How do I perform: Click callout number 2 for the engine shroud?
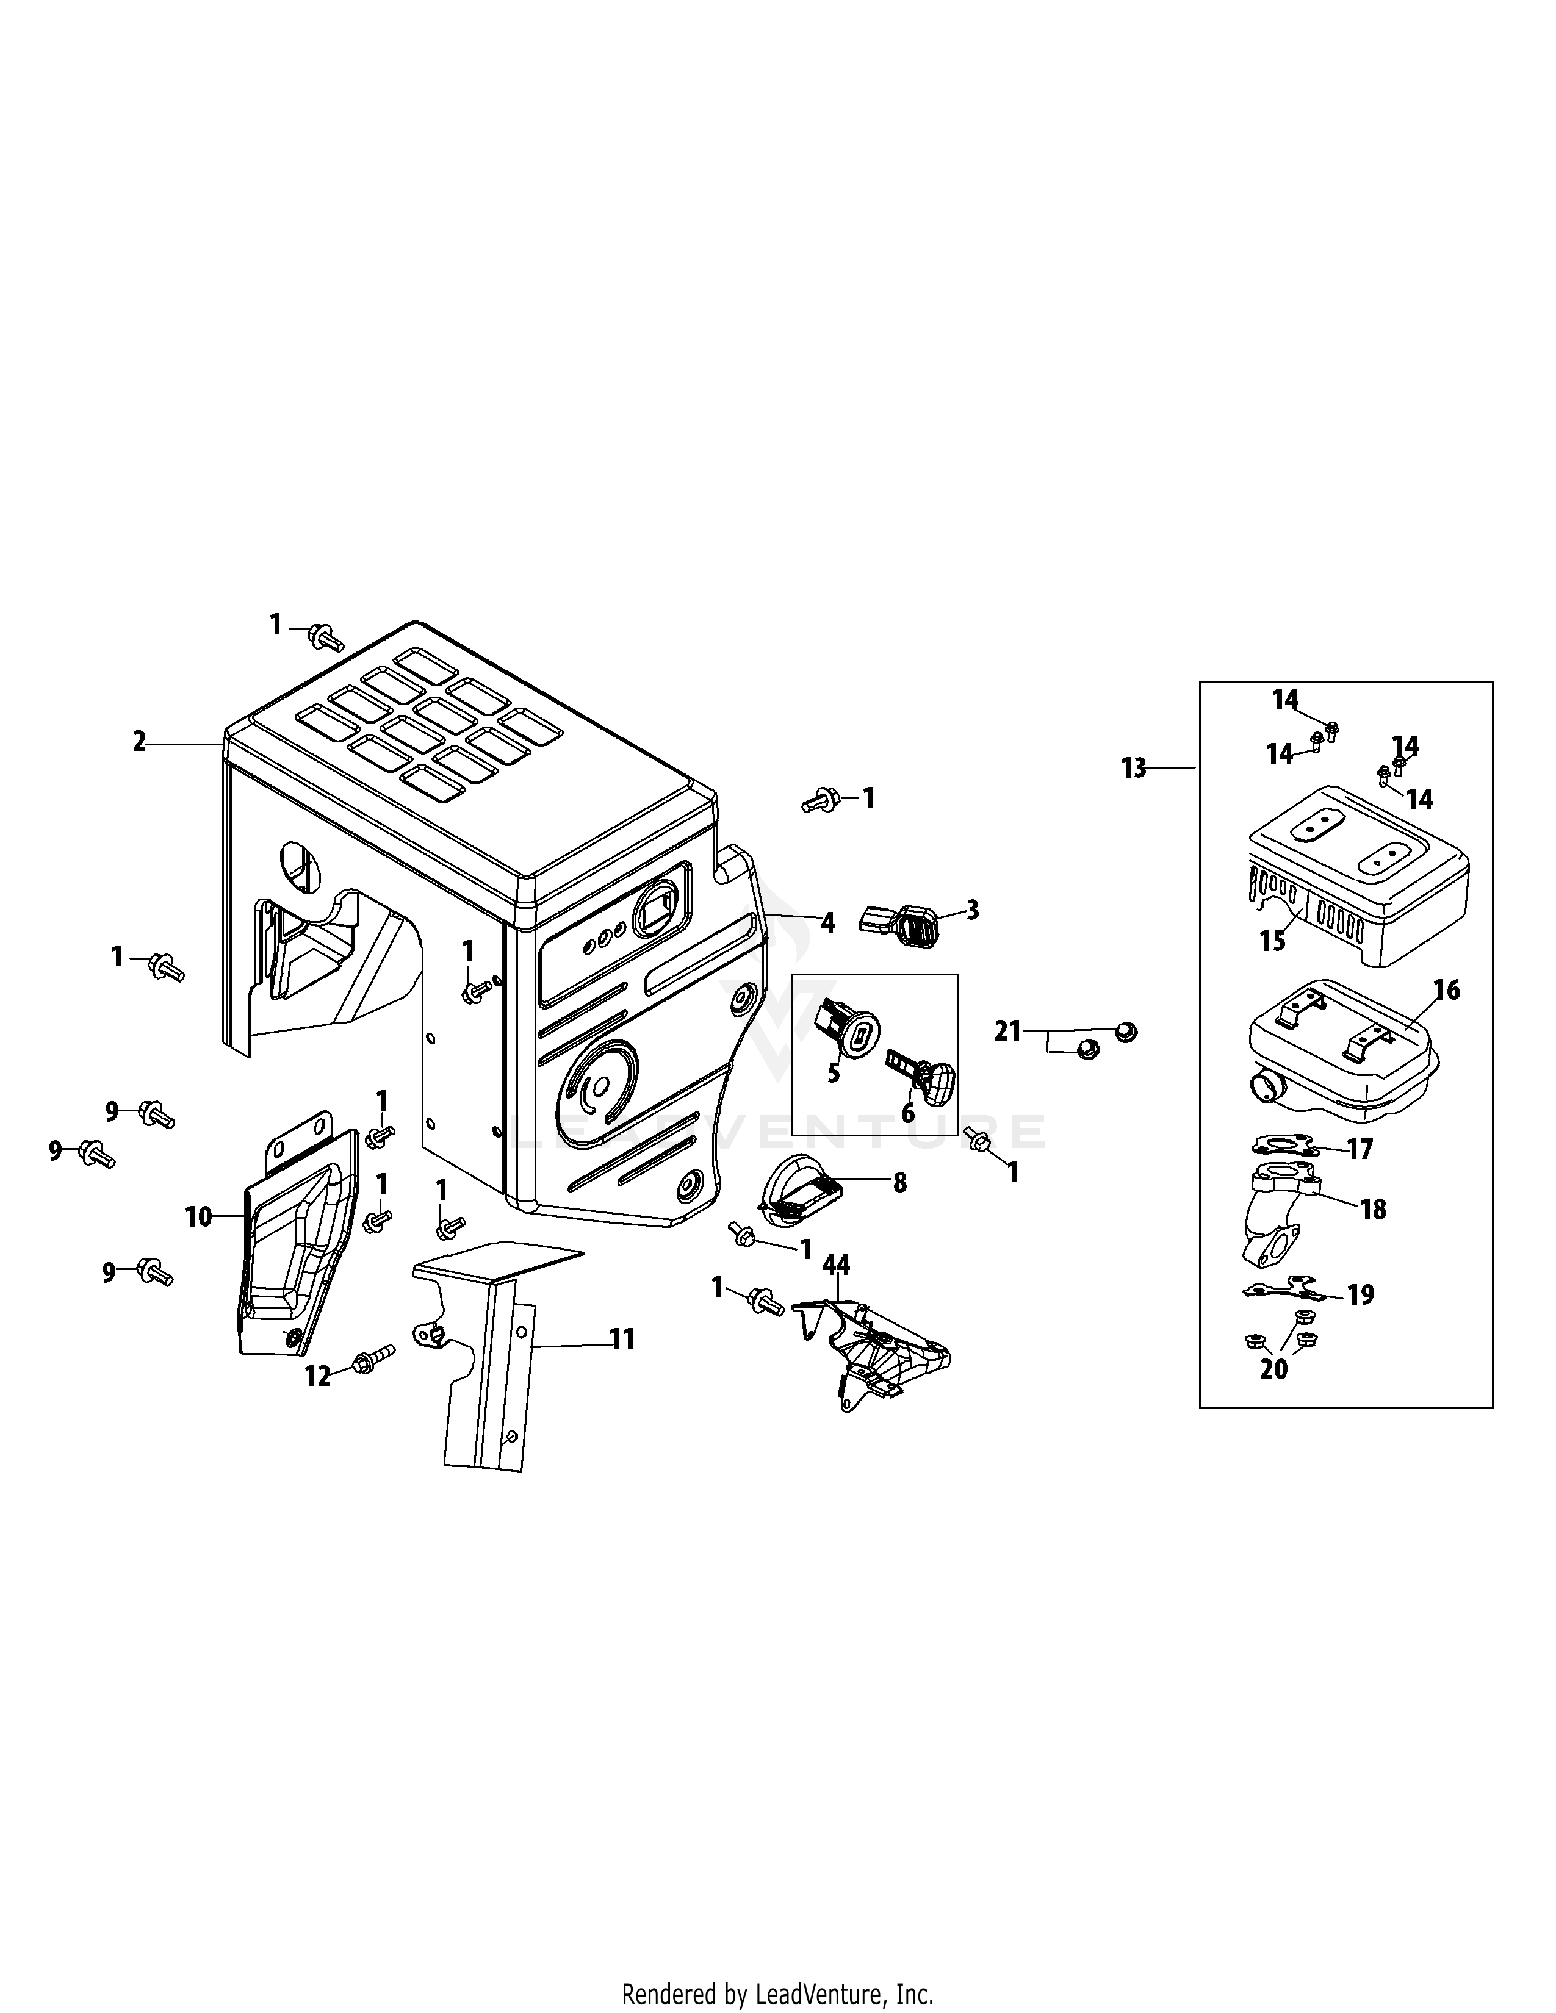pyautogui.click(x=139, y=742)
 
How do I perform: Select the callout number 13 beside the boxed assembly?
pyautogui.click(x=1134, y=768)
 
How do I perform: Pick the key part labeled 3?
pyautogui.click(x=899, y=920)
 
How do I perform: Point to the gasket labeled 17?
pyautogui.click(x=1285, y=1147)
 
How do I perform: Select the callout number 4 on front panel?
pyautogui.click(x=827, y=922)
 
